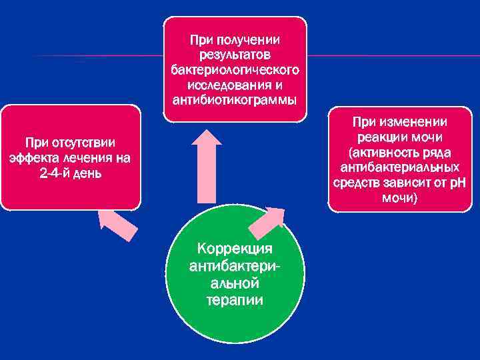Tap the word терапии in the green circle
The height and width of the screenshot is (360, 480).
235,300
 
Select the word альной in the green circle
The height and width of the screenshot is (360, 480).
235,283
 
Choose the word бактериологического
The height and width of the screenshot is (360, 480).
235,70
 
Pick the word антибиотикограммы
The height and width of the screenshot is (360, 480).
235,101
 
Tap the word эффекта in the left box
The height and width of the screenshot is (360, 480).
32,158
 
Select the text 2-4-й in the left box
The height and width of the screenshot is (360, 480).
55,173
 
